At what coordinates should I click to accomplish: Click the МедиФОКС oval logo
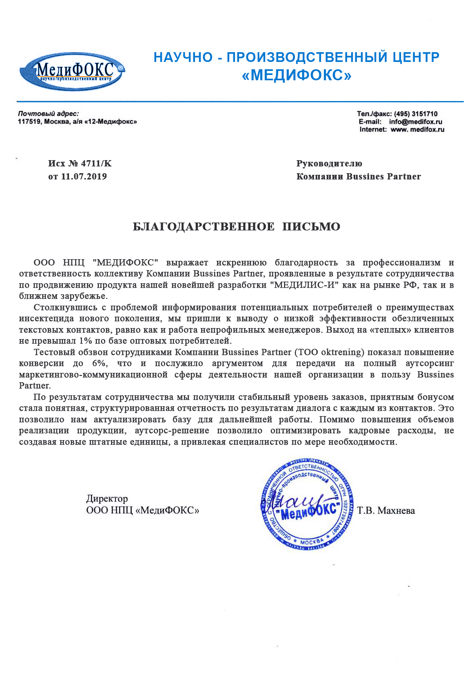72,72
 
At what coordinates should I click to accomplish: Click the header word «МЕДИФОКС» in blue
297,76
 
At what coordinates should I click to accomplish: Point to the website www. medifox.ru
417,130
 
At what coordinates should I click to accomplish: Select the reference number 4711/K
96,164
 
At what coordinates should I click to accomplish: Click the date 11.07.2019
84,176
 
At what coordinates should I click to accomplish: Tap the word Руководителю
329,164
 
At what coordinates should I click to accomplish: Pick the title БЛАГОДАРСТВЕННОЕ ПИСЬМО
236,227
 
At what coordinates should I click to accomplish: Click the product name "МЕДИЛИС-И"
305,285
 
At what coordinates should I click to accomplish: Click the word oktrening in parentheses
342,352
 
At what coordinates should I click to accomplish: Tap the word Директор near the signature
107,499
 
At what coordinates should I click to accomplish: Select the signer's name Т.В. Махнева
386,511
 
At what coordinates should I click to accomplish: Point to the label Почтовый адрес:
48,114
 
